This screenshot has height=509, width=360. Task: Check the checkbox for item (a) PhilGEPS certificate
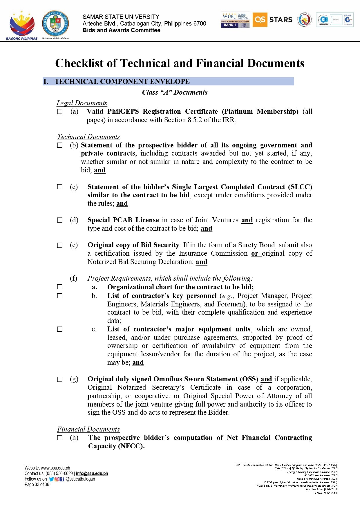tap(60, 112)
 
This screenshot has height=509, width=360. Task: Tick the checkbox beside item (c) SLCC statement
tap(60, 187)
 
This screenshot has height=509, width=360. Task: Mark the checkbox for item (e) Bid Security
tap(60, 245)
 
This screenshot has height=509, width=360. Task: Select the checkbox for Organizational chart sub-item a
tap(60, 287)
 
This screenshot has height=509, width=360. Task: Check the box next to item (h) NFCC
tap(60, 438)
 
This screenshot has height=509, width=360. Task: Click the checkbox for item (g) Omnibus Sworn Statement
tap(60, 379)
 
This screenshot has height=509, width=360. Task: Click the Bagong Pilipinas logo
tap(22, 26)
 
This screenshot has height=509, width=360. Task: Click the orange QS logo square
tap(260, 20)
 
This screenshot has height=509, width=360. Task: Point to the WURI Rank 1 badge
tap(235, 20)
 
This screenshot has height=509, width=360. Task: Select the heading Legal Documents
tap(82, 103)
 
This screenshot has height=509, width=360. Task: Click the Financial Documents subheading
tap(88, 429)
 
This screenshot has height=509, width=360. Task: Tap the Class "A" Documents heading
tap(175, 92)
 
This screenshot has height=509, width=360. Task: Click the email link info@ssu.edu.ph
tap(92, 473)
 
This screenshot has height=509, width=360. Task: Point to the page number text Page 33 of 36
tap(37, 484)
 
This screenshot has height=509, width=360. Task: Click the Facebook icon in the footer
tap(62, 479)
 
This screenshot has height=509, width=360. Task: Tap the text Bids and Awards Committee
tap(121, 30)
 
